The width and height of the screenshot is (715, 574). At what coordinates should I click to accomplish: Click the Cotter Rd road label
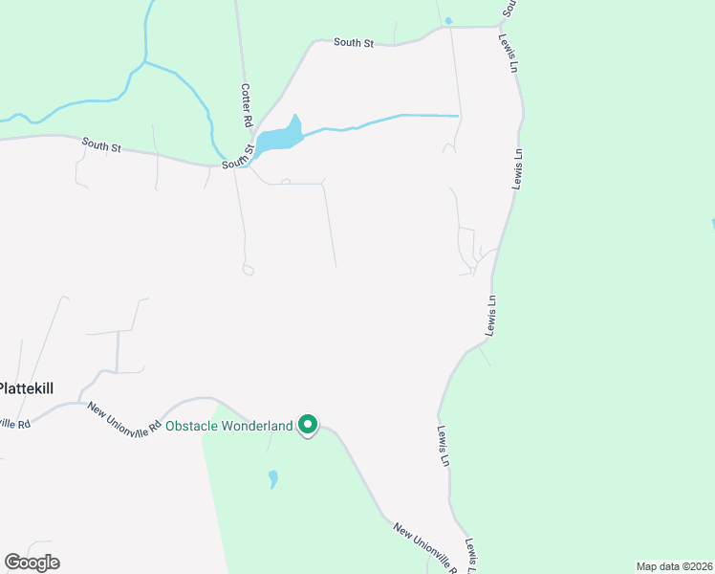(x=246, y=106)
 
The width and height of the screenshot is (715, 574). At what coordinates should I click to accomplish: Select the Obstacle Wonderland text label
(x=228, y=426)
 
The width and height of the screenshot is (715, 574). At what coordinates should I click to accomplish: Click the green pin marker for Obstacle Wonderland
(x=308, y=424)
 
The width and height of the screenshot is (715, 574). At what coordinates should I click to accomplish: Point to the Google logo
(x=32, y=563)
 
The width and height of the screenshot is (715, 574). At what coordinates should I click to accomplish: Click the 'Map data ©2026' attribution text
(x=674, y=566)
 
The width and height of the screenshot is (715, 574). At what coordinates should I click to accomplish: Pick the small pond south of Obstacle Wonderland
(x=273, y=477)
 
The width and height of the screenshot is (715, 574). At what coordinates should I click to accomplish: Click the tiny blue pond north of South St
(x=448, y=20)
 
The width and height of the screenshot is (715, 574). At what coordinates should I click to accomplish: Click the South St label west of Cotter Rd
(x=101, y=145)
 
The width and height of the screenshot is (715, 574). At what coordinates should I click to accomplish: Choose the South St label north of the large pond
(x=353, y=43)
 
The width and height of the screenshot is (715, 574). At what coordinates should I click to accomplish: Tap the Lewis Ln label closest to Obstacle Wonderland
(x=444, y=446)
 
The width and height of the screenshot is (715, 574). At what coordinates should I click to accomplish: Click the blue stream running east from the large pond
(x=382, y=121)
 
